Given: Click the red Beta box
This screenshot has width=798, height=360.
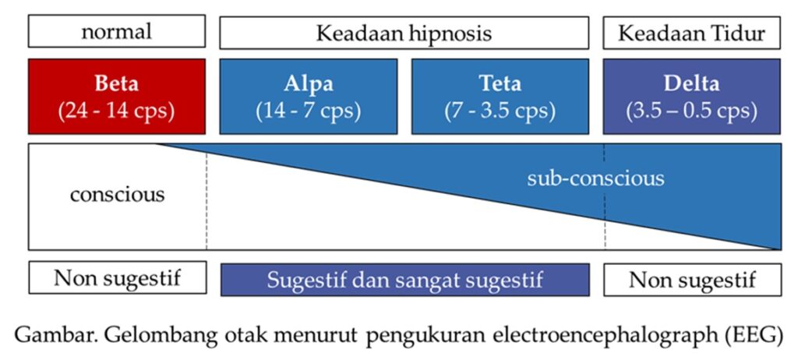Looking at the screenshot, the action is coord(117,97).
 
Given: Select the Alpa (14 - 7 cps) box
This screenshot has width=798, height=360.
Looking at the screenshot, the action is coord(309,97).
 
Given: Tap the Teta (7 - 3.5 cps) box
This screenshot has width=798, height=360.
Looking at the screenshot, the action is coord(500,97).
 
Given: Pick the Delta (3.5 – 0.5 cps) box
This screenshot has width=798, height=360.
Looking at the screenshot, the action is coord(692,97).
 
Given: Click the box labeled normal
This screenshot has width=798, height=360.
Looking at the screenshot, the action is coord(117,31).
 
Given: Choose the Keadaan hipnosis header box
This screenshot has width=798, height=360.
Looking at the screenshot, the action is coord(404,33).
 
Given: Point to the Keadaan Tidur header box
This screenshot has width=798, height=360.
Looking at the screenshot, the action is coord(692,33).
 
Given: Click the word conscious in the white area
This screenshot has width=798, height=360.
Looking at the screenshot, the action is coord(118,195).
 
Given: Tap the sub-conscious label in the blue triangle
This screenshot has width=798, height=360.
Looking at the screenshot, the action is coord(595,178).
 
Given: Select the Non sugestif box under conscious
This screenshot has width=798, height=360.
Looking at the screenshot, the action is coord(118,277).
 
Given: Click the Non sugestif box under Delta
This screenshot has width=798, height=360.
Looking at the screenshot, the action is coord(693,280).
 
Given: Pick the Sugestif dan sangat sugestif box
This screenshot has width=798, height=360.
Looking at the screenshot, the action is coord(405,280).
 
